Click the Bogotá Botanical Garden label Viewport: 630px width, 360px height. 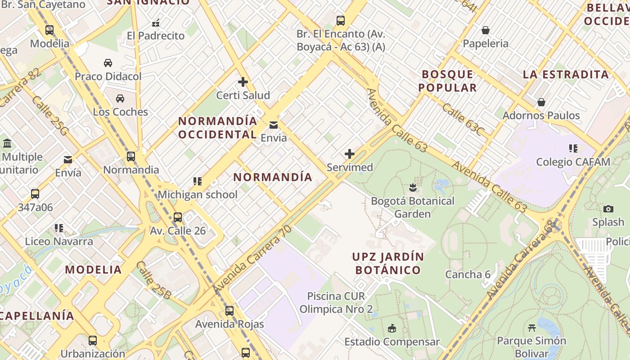tap(413, 207)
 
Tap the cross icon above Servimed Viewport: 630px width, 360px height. tap(349, 154)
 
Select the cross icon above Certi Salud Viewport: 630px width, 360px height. tap(243, 82)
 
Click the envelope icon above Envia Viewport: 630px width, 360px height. tap(273, 125)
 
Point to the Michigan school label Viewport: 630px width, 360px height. tap(197, 195)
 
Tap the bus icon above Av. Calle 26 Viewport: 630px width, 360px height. tap(178, 217)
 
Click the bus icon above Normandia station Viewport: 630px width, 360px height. tap(131, 157)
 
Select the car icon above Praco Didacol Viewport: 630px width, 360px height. tap(108, 63)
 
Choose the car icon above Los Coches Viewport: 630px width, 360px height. tap(120, 99)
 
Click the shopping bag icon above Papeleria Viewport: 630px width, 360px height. tap(486, 31)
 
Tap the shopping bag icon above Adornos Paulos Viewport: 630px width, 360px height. tap(541, 103)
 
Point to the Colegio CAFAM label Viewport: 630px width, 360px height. tap(573, 162)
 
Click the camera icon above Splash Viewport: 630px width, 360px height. tap(608, 209)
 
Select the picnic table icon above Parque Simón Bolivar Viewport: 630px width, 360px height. tap(531, 328)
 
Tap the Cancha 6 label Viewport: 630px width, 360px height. tap(468, 274)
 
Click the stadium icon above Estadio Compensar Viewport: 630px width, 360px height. tap(392, 328)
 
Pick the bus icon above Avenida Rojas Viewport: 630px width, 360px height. tap(229, 311)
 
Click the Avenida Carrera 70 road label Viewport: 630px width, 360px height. tap(252, 258)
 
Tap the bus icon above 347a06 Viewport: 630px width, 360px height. tap(35, 194)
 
